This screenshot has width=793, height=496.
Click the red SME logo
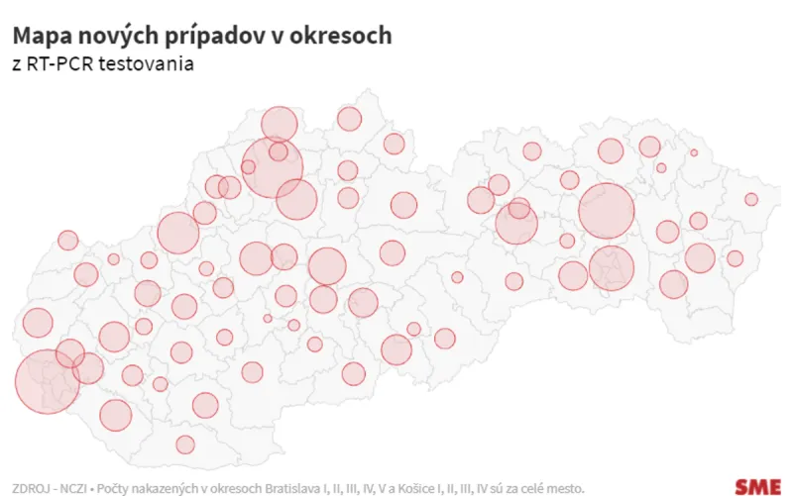758,485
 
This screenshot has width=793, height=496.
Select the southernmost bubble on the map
185,444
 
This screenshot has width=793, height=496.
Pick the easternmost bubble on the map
751,199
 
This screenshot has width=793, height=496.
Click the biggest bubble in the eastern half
606,211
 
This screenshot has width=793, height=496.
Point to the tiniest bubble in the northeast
694,152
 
